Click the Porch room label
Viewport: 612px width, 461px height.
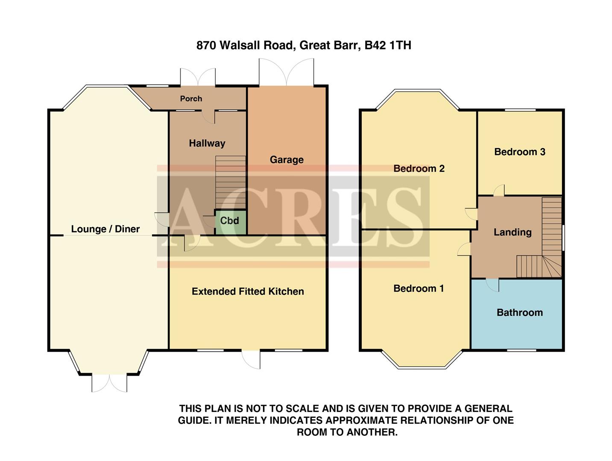pos(191,99)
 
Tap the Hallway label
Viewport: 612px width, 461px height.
pos(207,143)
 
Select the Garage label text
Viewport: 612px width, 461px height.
pos(287,160)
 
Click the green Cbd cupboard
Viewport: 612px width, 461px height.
pos(230,222)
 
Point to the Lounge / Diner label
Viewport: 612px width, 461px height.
pos(105,229)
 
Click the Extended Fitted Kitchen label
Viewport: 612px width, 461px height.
pos(248,292)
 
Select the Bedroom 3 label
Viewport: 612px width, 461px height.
pos(519,152)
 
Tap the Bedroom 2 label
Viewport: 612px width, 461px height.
pos(419,169)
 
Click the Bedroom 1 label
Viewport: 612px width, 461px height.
pos(419,289)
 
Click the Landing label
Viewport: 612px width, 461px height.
pos(512,232)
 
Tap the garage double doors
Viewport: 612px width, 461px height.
pos(287,73)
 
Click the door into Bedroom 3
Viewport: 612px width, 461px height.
pos(499,191)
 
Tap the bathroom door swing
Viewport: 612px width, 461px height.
pos(493,285)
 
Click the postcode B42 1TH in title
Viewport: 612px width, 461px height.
pos(387,45)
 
